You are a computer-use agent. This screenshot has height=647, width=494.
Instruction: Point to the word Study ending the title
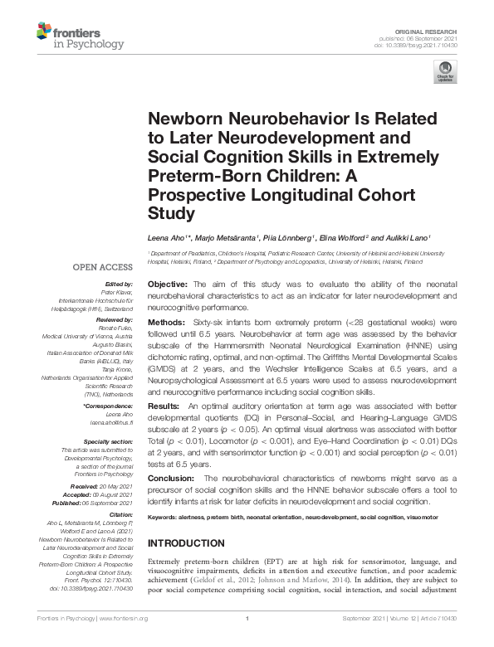(x=171, y=213)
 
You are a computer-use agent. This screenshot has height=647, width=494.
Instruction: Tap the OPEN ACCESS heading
(x=103, y=268)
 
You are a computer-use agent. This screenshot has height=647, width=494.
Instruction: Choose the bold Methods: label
(x=169, y=321)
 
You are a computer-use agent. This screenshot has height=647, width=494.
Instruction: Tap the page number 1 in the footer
(x=247, y=640)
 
